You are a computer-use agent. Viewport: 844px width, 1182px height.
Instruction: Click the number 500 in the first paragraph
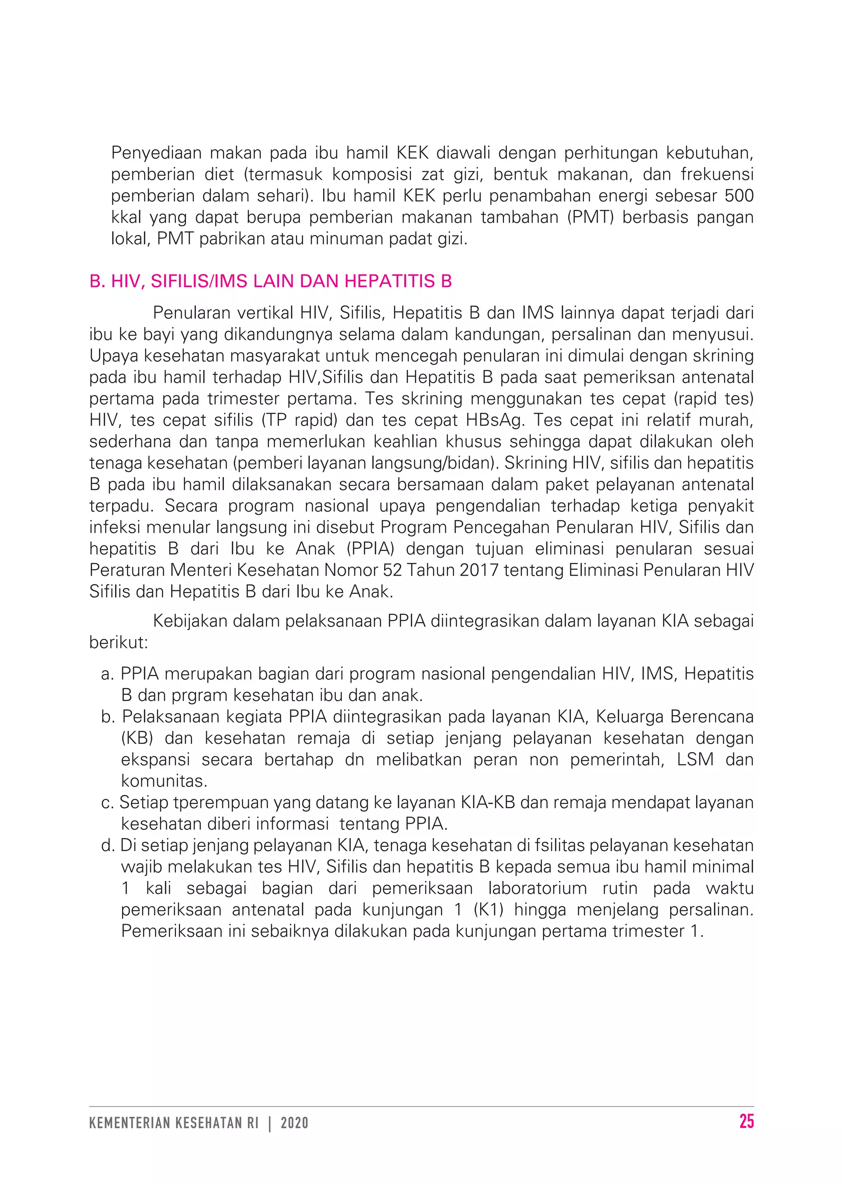[738, 195]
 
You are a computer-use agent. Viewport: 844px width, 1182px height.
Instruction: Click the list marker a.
[107, 674]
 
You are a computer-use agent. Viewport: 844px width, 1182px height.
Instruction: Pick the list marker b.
[108, 716]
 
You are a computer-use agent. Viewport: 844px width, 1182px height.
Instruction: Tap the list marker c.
[107, 802]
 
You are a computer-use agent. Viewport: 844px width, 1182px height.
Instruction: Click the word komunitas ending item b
[164, 781]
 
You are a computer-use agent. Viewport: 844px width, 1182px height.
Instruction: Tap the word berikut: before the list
[119, 643]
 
